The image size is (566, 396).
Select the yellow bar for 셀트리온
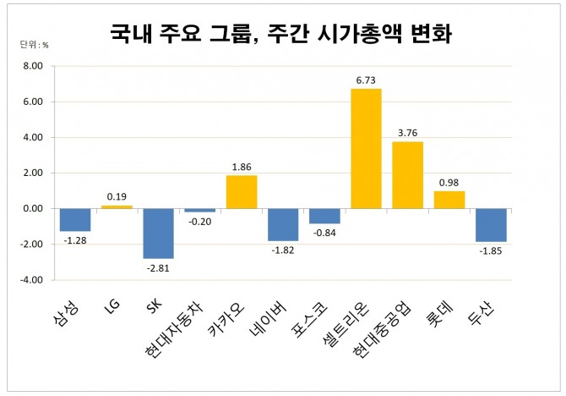[x=366, y=148]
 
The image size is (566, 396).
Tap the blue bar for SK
[x=158, y=233]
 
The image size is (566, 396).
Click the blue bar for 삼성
[x=75, y=219]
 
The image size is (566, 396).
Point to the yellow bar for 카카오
[x=241, y=191]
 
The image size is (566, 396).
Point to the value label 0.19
[x=117, y=196]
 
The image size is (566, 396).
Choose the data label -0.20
[x=200, y=221]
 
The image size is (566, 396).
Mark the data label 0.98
[x=449, y=182]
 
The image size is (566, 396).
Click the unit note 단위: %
[x=35, y=43]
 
